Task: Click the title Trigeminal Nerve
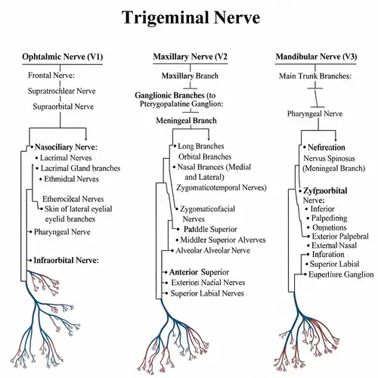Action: pyautogui.click(x=189, y=17)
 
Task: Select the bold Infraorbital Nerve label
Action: pyautogui.click(x=66, y=260)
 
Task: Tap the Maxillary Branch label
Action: pyautogui.click(x=190, y=76)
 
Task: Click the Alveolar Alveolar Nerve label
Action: pyautogui.click(x=212, y=250)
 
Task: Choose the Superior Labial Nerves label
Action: pyautogui.click(x=206, y=293)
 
